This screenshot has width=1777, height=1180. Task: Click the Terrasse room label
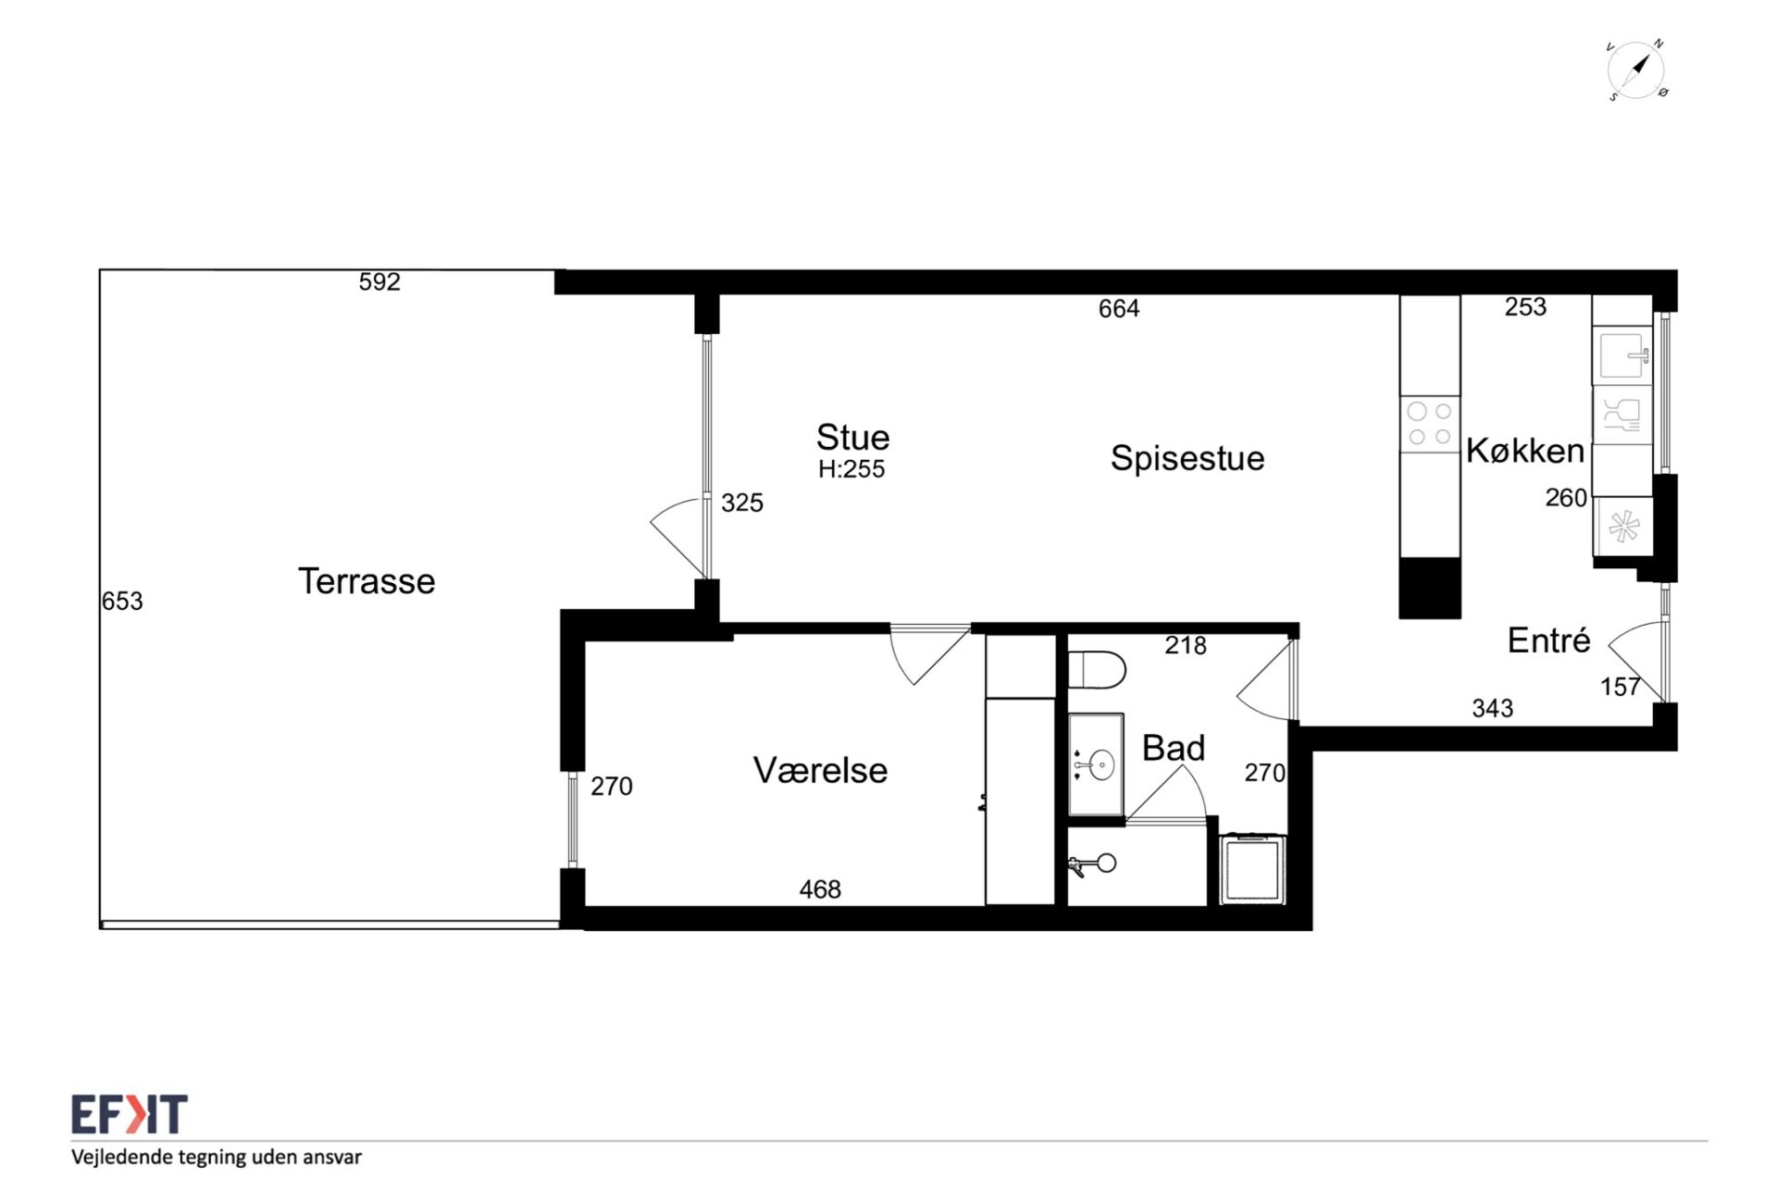pyautogui.click(x=367, y=581)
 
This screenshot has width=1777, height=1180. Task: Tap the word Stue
pyautogui.click(x=852, y=437)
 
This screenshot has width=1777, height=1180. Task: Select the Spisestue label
pyautogui.click(x=1187, y=458)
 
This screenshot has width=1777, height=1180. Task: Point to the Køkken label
pyautogui.click(x=1525, y=451)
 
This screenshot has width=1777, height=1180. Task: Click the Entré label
pyautogui.click(x=1548, y=640)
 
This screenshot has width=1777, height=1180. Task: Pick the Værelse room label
pyautogui.click(x=820, y=770)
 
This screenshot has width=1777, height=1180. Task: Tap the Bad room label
pyautogui.click(x=1174, y=748)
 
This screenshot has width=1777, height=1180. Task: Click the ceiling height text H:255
pyautogui.click(x=851, y=469)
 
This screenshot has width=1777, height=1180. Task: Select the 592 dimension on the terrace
pyautogui.click(x=379, y=281)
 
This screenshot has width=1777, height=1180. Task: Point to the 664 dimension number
pyautogui.click(x=1119, y=309)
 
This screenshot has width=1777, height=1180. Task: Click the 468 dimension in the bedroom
pyautogui.click(x=820, y=889)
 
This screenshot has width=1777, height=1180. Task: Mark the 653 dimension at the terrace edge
pyautogui.click(x=122, y=602)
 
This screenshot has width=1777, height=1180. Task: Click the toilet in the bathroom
pyautogui.click(x=1097, y=670)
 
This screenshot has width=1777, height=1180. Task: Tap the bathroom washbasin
pyautogui.click(x=1097, y=764)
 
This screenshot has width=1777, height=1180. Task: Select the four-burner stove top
pyautogui.click(x=1430, y=424)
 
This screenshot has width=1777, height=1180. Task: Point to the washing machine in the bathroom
pyautogui.click(x=1252, y=869)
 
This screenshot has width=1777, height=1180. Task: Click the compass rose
pyautogui.click(x=1636, y=70)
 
